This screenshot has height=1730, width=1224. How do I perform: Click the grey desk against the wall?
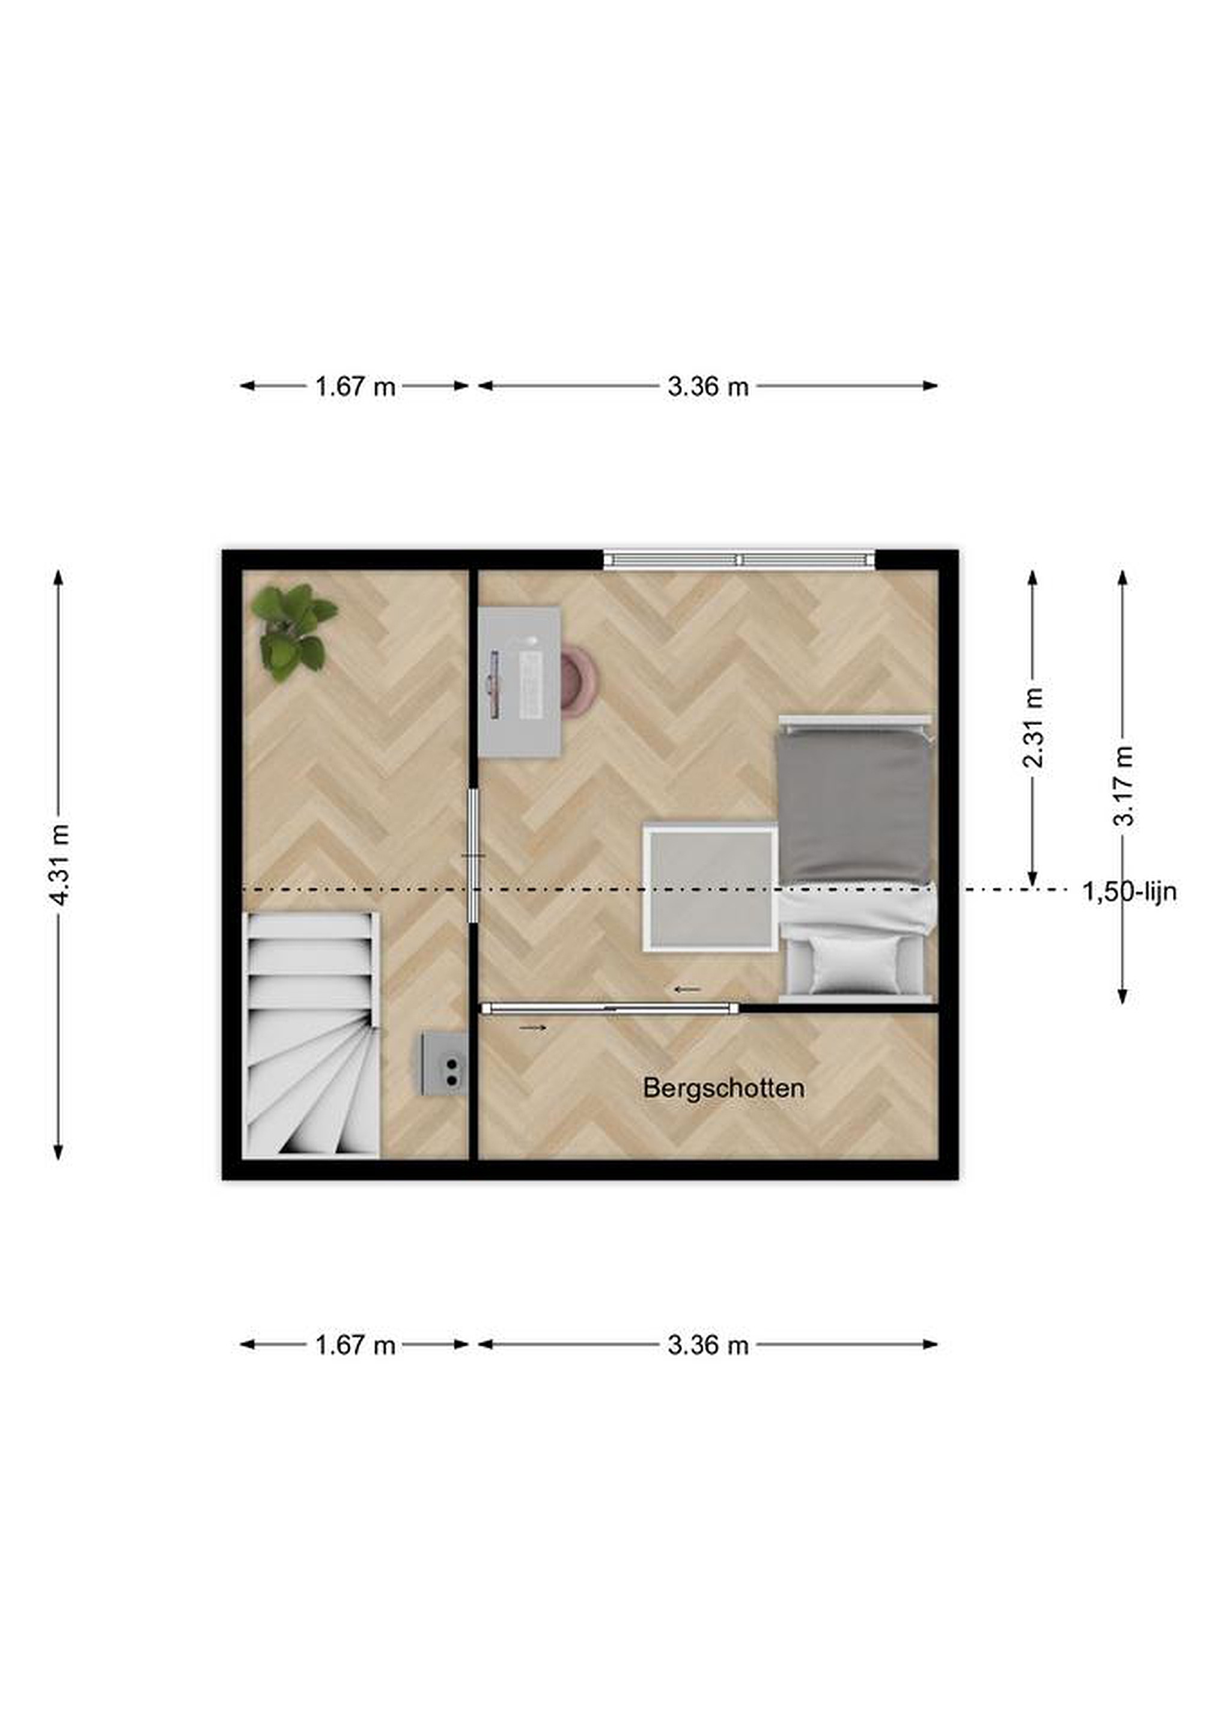point(520,682)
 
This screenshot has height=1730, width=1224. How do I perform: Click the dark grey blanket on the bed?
point(856,807)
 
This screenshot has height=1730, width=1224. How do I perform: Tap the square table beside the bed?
point(710,888)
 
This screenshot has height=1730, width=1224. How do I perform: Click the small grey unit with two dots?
point(444,1063)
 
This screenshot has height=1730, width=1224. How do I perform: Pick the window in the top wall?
point(739,559)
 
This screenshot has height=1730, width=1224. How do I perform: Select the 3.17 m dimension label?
point(1123,785)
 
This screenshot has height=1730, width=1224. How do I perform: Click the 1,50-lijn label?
point(1130,892)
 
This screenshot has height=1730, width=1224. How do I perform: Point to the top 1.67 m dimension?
point(355,386)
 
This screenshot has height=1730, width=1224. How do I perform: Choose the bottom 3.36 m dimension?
point(708,1345)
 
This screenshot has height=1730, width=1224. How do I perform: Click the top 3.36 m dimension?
point(708,386)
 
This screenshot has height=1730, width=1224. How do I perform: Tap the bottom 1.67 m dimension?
point(355,1345)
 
